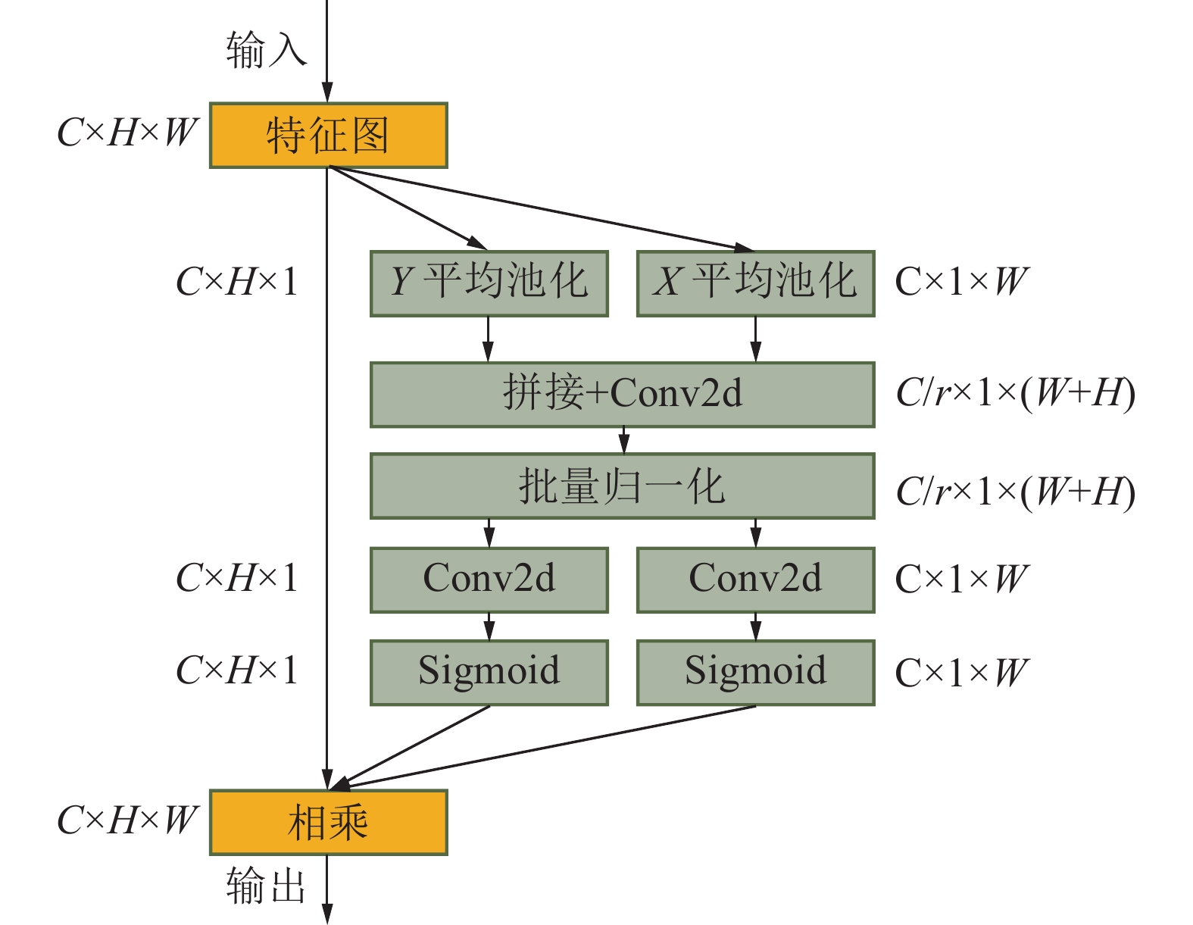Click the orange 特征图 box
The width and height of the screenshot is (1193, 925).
pos(328,135)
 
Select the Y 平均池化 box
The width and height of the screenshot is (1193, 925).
pos(489,283)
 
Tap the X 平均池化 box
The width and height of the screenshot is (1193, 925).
pos(755,283)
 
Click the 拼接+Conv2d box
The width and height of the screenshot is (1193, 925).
pos(622,395)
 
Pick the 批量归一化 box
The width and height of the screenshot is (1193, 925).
pos(622,486)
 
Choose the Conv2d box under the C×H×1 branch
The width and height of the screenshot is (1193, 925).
pos(489,580)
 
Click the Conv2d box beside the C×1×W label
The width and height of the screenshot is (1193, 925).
pos(755,580)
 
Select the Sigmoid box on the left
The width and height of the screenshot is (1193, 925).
pos(489,672)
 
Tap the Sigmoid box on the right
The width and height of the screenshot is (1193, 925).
pos(755,672)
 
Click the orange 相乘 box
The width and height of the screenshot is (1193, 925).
pos(328,822)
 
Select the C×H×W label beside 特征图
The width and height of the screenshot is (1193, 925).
pos(127,133)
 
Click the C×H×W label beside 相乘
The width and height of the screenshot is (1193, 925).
pos(127,820)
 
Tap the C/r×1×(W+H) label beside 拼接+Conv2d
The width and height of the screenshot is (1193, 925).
pos(1015,393)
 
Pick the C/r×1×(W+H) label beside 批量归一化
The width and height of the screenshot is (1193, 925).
pos(1015,492)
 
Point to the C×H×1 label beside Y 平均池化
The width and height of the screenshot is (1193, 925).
pos(236,282)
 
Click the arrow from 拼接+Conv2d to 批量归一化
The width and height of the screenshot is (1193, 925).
pos(623,440)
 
